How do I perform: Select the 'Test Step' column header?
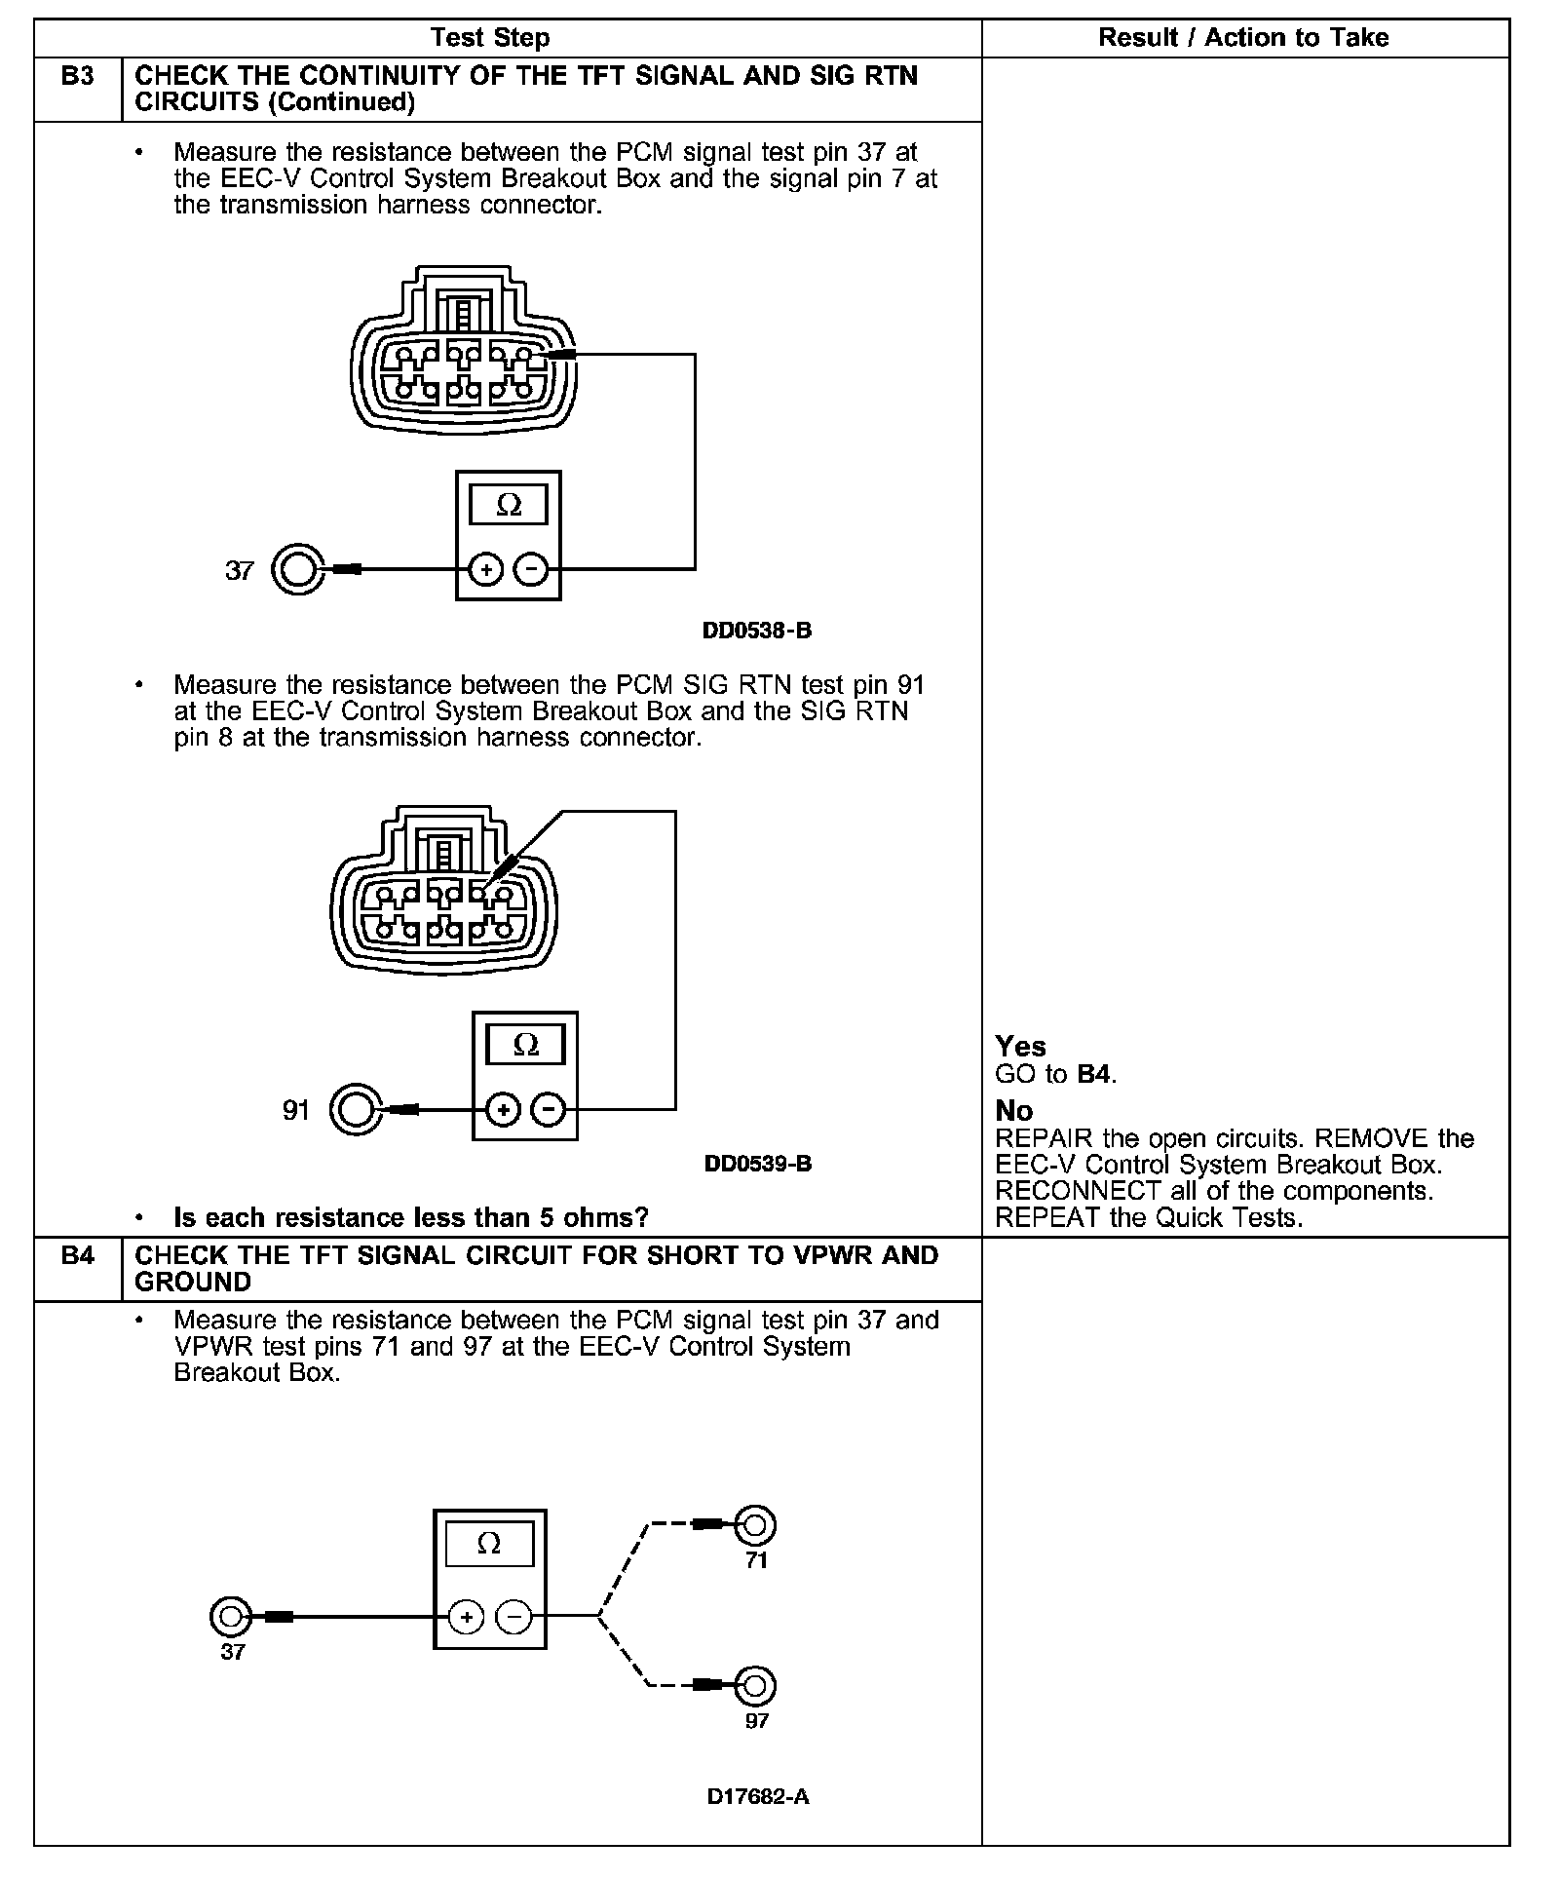490,38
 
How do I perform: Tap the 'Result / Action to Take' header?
1243,38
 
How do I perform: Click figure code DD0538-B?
757,631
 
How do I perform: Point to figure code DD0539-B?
758,1164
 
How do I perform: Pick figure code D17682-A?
758,1796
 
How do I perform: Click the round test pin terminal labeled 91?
355,1109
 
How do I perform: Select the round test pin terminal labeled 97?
756,1685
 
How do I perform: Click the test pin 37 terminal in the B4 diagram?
231,1617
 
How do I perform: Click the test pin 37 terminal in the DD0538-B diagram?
296,569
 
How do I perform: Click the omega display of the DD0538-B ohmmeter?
509,505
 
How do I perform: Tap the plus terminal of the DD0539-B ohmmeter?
503,1109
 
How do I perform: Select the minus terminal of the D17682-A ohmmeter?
513,1618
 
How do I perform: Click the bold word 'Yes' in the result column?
1020,1047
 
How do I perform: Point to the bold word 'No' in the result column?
1014,1111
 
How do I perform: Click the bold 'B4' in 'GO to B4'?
1094,1075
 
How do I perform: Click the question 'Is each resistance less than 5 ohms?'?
410,1217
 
